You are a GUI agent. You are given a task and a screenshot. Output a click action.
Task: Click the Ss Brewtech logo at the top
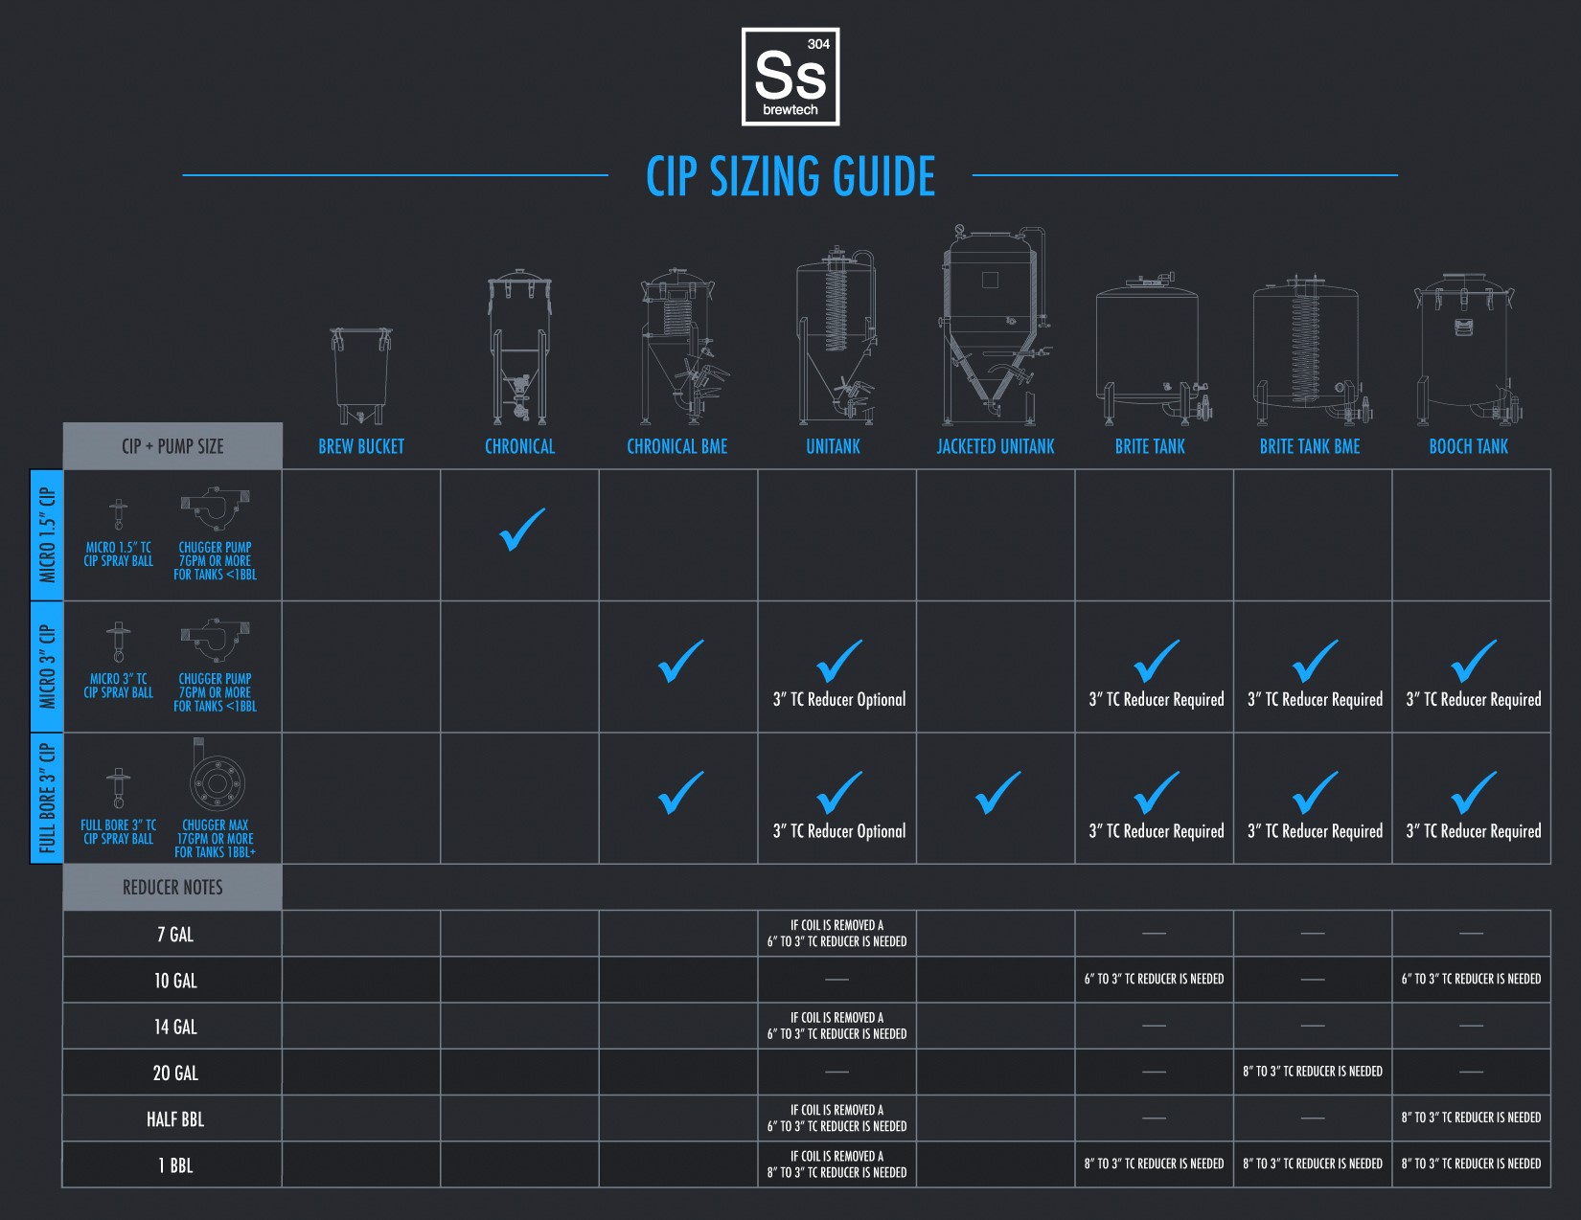tap(790, 77)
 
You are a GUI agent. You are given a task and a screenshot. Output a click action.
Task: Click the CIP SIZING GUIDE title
tap(790, 176)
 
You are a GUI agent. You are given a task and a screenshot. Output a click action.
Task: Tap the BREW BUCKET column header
tap(361, 446)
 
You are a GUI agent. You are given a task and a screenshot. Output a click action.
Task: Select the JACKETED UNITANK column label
tap(996, 446)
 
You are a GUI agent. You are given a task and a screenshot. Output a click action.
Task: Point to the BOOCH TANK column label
tap(1468, 446)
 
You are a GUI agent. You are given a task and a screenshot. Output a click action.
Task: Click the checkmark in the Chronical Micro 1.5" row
tap(521, 530)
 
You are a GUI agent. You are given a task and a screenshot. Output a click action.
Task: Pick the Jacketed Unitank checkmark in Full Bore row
tap(997, 793)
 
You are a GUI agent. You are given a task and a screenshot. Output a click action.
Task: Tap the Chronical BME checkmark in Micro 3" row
tap(680, 661)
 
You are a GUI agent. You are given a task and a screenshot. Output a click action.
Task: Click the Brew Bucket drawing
tap(361, 375)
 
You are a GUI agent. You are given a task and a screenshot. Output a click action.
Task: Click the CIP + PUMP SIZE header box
tap(172, 445)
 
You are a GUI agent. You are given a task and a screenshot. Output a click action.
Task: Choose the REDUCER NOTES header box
tap(172, 887)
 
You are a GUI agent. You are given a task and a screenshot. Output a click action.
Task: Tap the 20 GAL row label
tap(175, 1073)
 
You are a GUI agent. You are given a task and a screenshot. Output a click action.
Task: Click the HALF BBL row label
tap(175, 1118)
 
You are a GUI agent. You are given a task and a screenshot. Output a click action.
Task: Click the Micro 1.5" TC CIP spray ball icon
tap(118, 514)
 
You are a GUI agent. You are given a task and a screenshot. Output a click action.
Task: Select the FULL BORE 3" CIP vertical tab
tap(47, 799)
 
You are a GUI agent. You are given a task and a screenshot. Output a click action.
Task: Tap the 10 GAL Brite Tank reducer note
tap(1154, 980)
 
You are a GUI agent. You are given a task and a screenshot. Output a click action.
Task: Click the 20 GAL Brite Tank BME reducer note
tap(1313, 1072)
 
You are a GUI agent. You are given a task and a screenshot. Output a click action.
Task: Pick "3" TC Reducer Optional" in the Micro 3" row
tap(838, 699)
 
